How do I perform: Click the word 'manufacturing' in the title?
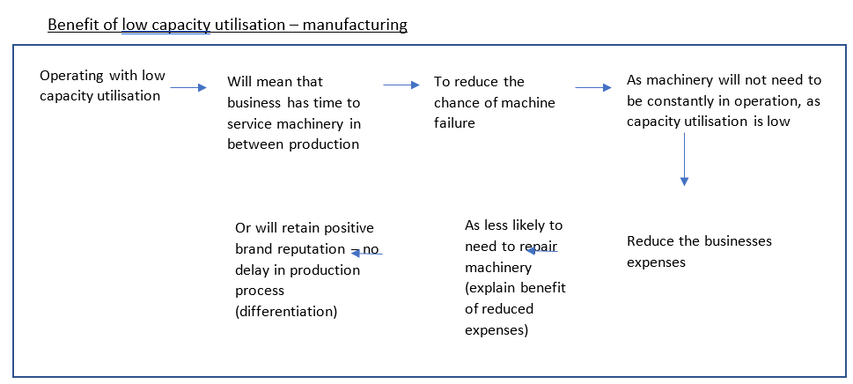coord(355,25)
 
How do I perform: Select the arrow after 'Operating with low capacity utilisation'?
coord(188,87)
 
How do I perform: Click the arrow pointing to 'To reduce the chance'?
coord(401,85)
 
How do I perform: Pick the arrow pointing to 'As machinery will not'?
coord(592,87)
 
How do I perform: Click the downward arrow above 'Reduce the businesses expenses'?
coord(684,159)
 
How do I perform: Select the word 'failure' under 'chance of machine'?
coord(454,122)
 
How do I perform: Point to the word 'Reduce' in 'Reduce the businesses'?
coord(650,240)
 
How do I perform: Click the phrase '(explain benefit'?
coord(515,288)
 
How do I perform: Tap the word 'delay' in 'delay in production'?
coord(254,270)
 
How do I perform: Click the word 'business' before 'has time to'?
coord(254,102)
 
